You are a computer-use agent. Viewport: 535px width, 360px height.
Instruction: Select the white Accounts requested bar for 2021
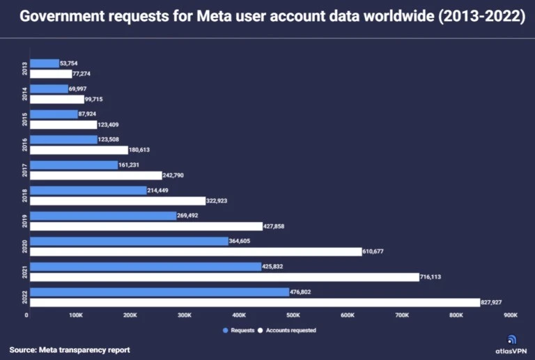[x=224, y=277]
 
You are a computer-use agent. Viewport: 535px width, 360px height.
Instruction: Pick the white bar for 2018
[x=118, y=201]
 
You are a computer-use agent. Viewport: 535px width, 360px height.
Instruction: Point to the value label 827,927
[x=496, y=303]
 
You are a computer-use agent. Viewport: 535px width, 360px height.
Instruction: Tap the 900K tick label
[x=511, y=315]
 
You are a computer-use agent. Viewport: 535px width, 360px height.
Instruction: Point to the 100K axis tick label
[x=75, y=315]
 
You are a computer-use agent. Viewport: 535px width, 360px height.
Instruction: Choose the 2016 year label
[x=25, y=145]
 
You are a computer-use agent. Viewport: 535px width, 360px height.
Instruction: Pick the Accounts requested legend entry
[x=287, y=330]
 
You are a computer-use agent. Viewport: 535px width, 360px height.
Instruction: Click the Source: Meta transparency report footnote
[x=70, y=350]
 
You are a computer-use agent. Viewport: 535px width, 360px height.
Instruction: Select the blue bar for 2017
[x=74, y=165]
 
